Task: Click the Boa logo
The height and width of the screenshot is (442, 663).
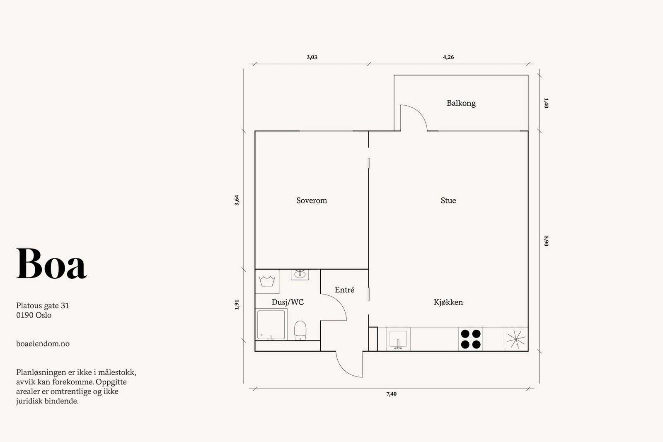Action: click(51, 263)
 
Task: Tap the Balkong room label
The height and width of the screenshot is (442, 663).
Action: click(461, 103)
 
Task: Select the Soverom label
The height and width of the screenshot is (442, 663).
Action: click(312, 200)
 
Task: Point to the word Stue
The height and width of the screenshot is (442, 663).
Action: click(448, 200)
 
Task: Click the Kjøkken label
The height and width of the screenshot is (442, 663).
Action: click(448, 302)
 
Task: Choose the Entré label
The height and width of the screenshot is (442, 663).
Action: click(344, 290)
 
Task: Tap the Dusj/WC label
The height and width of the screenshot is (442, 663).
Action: click(288, 302)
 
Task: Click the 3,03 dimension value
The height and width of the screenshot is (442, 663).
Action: click(312, 57)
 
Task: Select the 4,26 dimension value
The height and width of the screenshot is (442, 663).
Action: click(448, 57)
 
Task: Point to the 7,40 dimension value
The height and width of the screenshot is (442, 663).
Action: click(391, 394)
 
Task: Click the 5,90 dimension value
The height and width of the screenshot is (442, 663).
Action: click(546, 241)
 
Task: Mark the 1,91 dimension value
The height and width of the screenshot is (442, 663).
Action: click(237, 305)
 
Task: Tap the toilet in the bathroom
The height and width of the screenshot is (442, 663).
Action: click(300, 331)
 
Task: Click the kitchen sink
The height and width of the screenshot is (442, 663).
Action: click(398, 339)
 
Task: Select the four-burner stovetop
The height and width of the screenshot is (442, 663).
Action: click(471, 339)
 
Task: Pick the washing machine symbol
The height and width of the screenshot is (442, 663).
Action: click(267, 281)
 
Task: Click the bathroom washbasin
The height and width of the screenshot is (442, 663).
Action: click(300, 274)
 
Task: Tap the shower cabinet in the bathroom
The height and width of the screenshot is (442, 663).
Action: click(271, 324)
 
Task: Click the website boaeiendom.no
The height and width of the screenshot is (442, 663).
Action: click(43, 344)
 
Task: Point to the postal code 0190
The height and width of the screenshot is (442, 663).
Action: click(24, 315)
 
